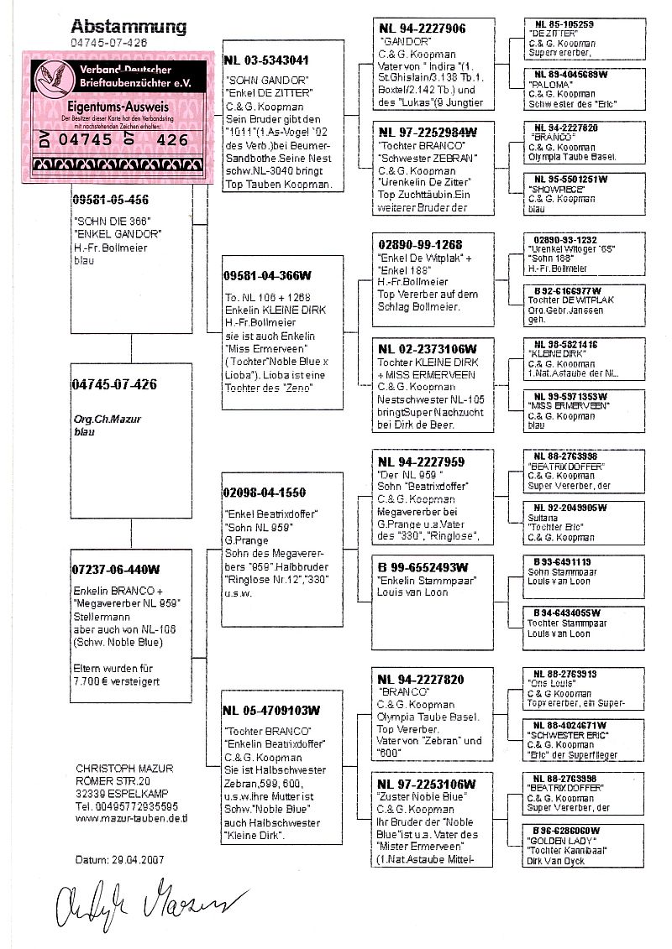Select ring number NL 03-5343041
[x=266, y=60]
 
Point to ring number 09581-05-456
[x=112, y=200]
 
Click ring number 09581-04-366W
[x=266, y=275]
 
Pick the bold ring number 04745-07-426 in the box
[x=115, y=385]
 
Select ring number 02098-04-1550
[x=265, y=493]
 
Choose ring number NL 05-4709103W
[x=271, y=710]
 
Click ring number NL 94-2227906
[x=423, y=29]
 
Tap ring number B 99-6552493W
[x=425, y=567]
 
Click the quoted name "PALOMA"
[x=545, y=85]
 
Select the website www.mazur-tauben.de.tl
[x=131, y=817]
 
